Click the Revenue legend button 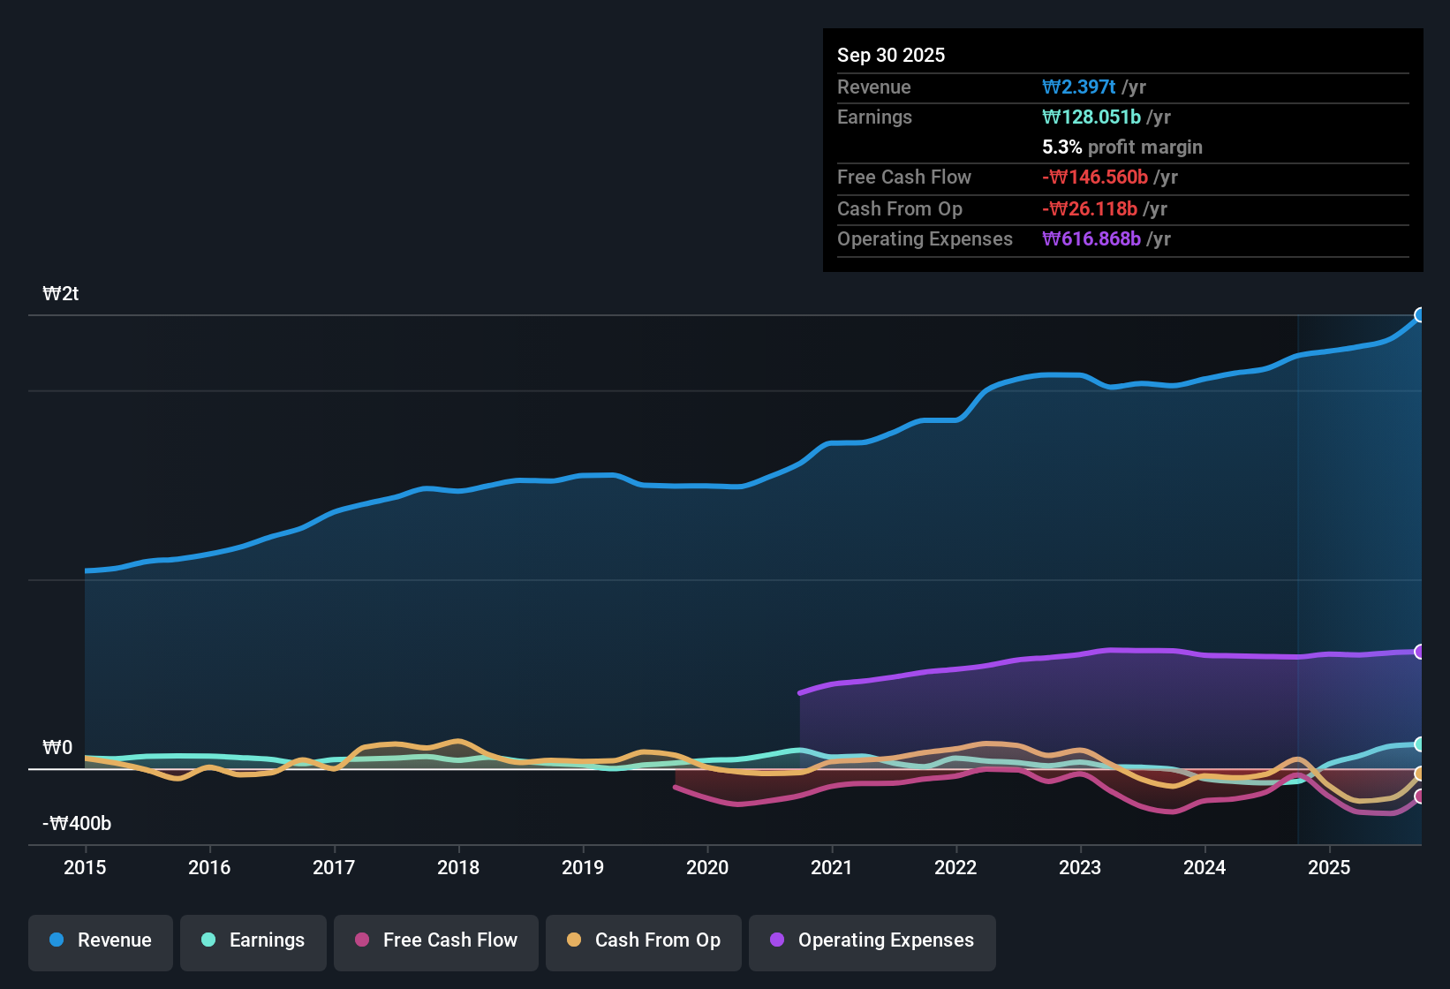pos(100,940)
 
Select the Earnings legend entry pos(253,940)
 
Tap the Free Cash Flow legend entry pos(435,940)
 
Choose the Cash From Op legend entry pos(643,940)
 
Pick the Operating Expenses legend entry pos(872,940)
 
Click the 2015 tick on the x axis pos(85,867)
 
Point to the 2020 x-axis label pos(707,867)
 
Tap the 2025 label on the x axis pos(1329,867)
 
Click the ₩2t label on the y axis pos(61,294)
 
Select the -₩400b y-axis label pos(77,824)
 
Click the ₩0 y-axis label pos(57,748)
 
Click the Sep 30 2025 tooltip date pos(891,56)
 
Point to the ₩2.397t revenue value pos(1078,87)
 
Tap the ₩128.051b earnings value pos(1091,117)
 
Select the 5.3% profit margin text pos(1121,147)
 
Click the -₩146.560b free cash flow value pos(1094,177)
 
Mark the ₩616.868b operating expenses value pos(1091,239)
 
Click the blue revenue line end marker pos(1420,315)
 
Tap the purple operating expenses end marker pos(1420,652)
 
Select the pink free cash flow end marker pos(1420,796)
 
